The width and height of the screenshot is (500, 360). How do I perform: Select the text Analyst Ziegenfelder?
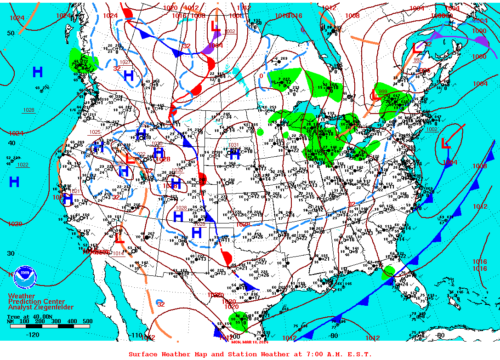pyautogui.click(x=40, y=307)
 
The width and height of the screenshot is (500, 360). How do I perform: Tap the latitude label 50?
pyautogui.click(x=11, y=33)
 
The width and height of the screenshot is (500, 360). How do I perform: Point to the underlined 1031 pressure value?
pyautogui.click(x=233, y=145)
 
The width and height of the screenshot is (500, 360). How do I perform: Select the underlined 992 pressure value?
pyautogui.click(x=417, y=60)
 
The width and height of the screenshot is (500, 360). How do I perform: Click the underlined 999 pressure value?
pyautogui.click(x=382, y=91)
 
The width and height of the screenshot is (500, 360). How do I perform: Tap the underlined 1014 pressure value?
pyautogui.click(x=118, y=253)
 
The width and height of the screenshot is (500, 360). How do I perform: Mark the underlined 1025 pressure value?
pyautogui.click(x=95, y=132)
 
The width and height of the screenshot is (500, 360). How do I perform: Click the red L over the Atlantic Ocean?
pyautogui.click(x=445, y=144)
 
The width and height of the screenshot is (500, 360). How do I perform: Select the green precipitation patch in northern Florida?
pyautogui.click(x=389, y=271)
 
